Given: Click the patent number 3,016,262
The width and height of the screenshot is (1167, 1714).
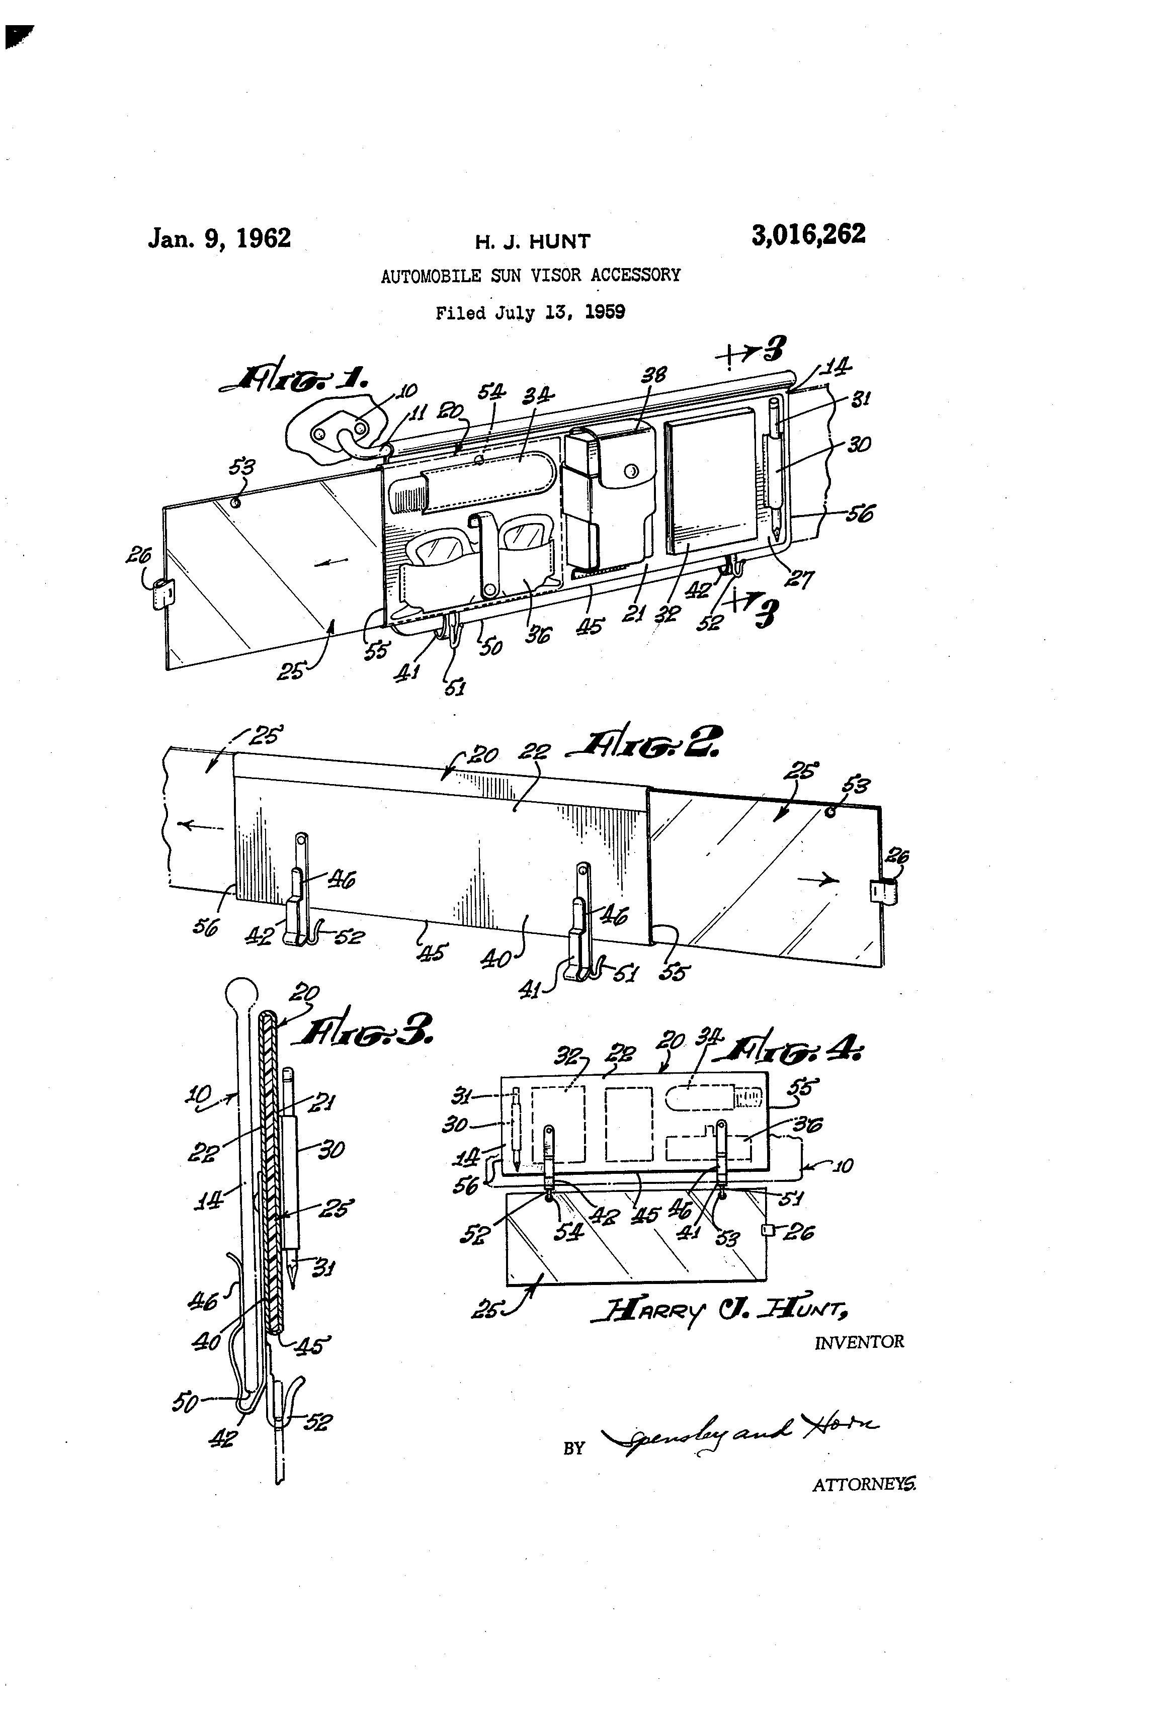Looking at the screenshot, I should pos(808,234).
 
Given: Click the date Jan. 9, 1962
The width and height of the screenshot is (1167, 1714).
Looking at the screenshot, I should pos(219,238).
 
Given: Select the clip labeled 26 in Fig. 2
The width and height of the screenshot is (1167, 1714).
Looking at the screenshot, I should pos(883,892).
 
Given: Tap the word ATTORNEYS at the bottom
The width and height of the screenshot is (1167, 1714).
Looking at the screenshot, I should pos(863,1485).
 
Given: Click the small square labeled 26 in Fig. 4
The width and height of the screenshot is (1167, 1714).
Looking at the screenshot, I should pos(767,1230).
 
